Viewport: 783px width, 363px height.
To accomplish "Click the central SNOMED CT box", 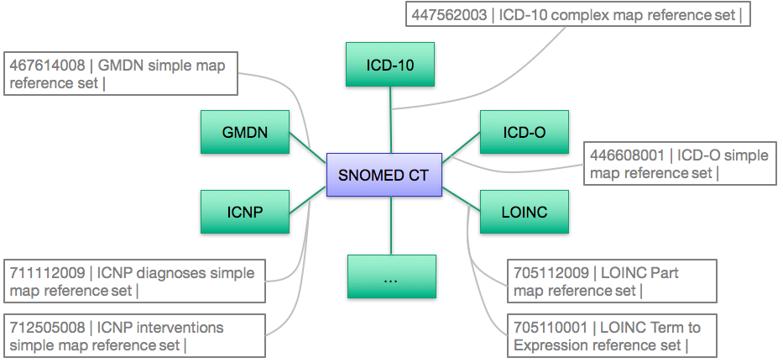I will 384,176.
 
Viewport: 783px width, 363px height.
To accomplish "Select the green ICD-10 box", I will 390,64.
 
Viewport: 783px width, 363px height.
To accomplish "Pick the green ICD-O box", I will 525,132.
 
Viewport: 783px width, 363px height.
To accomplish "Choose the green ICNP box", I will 245,211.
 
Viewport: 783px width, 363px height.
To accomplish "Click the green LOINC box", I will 525,211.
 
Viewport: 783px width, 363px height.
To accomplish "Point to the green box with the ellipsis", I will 391,276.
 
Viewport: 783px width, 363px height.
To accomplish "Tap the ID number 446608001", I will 626,155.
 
